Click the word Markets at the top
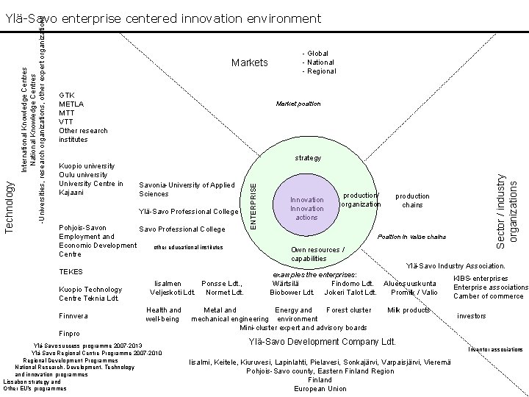click(250, 62)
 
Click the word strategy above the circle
click(308, 158)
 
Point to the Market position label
click(298, 104)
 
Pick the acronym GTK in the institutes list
click(66, 95)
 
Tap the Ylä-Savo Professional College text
click(189, 212)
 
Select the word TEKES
click(71, 272)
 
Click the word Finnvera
click(73, 316)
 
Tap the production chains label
click(412, 201)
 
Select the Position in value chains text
click(411, 237)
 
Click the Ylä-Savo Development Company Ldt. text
click(323, 342)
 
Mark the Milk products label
click(408, 310)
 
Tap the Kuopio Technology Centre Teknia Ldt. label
click(90, 294)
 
